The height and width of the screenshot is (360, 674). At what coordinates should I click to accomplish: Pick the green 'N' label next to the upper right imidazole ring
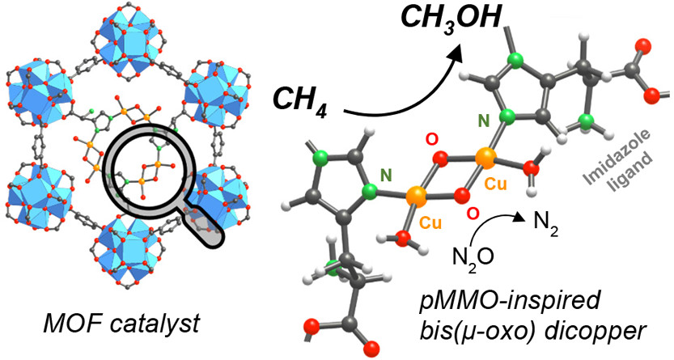[485, 124]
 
